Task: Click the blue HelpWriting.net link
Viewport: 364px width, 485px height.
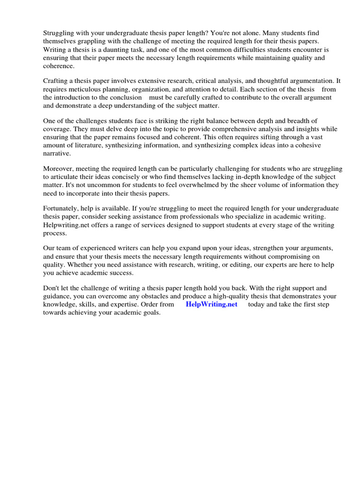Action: (211, 305)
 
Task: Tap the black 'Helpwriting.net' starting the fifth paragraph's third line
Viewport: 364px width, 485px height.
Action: (66, 225)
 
